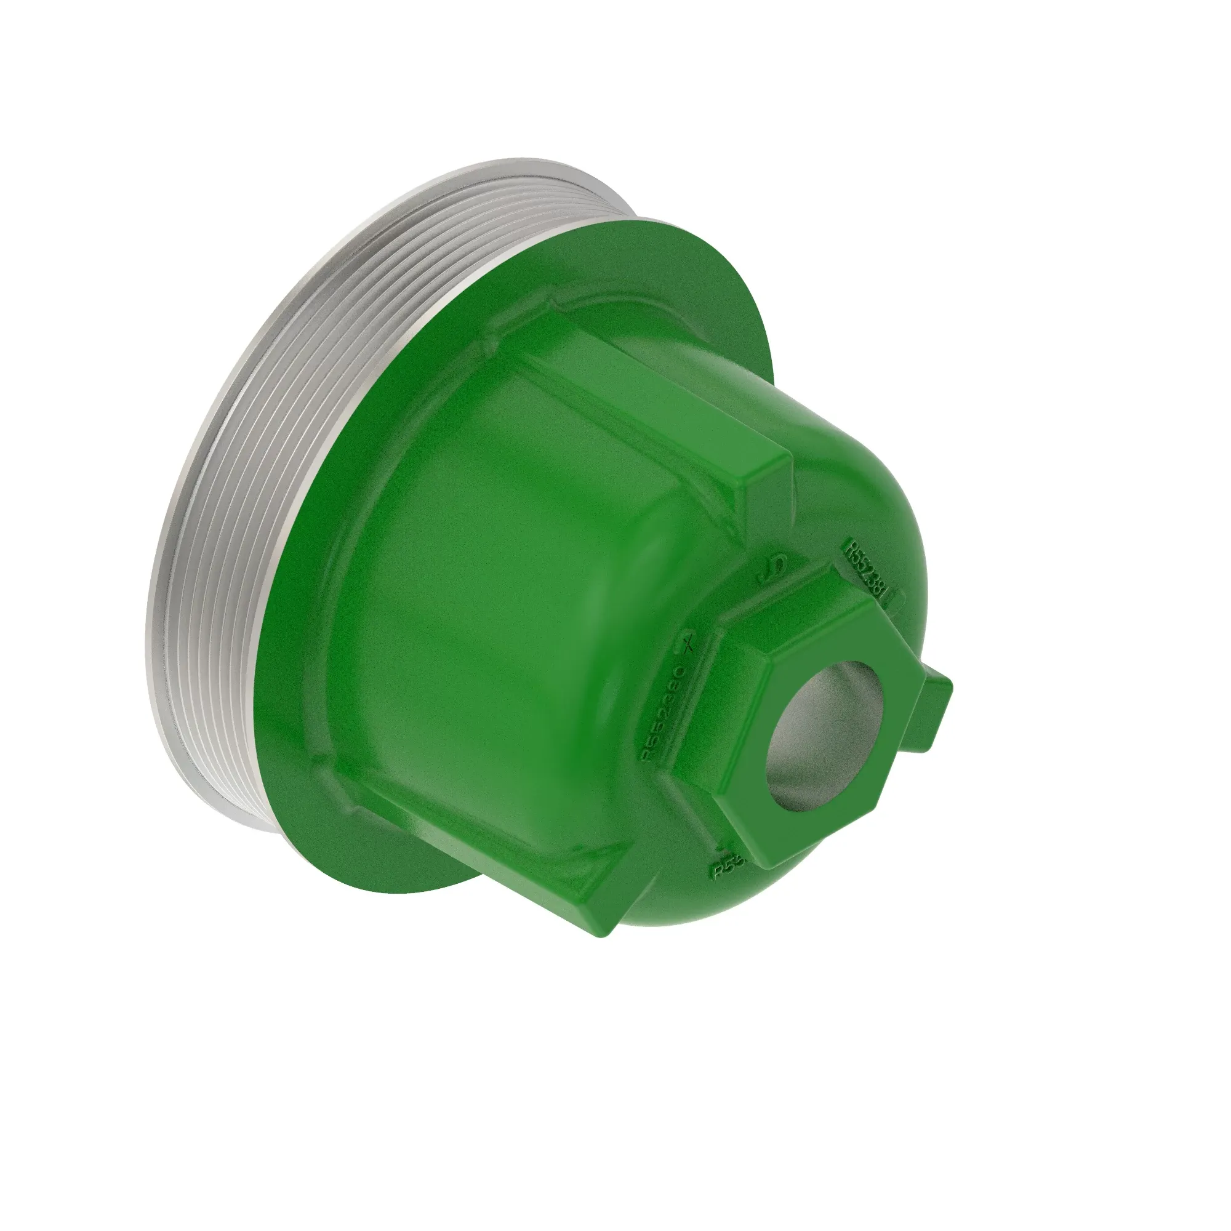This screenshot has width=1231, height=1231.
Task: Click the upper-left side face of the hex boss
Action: point(764,605)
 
